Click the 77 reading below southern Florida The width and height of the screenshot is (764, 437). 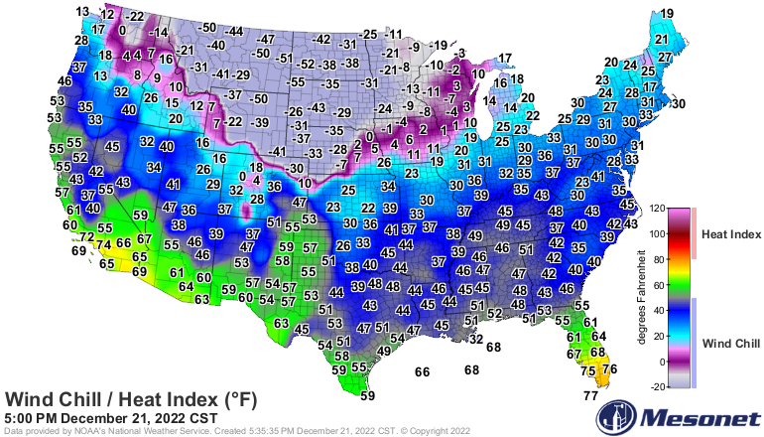590,395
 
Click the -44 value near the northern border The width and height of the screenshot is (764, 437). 235,32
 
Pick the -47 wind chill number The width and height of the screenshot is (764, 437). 265,39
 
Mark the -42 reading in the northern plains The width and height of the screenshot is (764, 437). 320,39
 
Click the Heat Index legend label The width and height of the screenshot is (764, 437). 729,234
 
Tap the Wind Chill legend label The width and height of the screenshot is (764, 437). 730,343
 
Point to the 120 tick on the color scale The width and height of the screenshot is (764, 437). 657,209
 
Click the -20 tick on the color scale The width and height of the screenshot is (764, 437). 657,387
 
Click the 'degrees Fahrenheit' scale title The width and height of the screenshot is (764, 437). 643,298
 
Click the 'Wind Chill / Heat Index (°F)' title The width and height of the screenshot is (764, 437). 132,399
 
